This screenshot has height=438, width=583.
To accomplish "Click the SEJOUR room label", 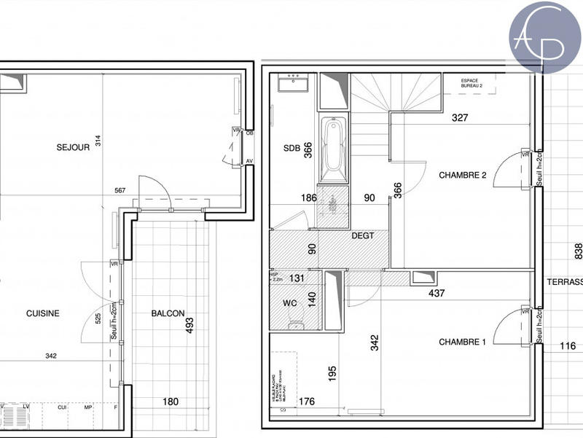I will click(73, 147).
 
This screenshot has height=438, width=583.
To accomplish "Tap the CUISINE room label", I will click(42, 313).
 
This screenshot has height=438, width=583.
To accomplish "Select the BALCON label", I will click(168, 313).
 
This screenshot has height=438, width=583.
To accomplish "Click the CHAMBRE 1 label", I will click(462, 342).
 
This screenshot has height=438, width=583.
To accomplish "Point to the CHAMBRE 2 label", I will click(462, 175).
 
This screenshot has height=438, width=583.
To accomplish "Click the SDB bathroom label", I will click(291, 148).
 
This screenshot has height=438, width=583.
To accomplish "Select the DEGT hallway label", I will click(362, 235).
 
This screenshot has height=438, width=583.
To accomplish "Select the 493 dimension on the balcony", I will click(189, 324).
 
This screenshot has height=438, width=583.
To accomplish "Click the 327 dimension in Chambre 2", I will click(459, 117).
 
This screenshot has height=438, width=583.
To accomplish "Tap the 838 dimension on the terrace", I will click(578, 251).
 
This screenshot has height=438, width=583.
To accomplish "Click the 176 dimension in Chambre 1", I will click(306, 401).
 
